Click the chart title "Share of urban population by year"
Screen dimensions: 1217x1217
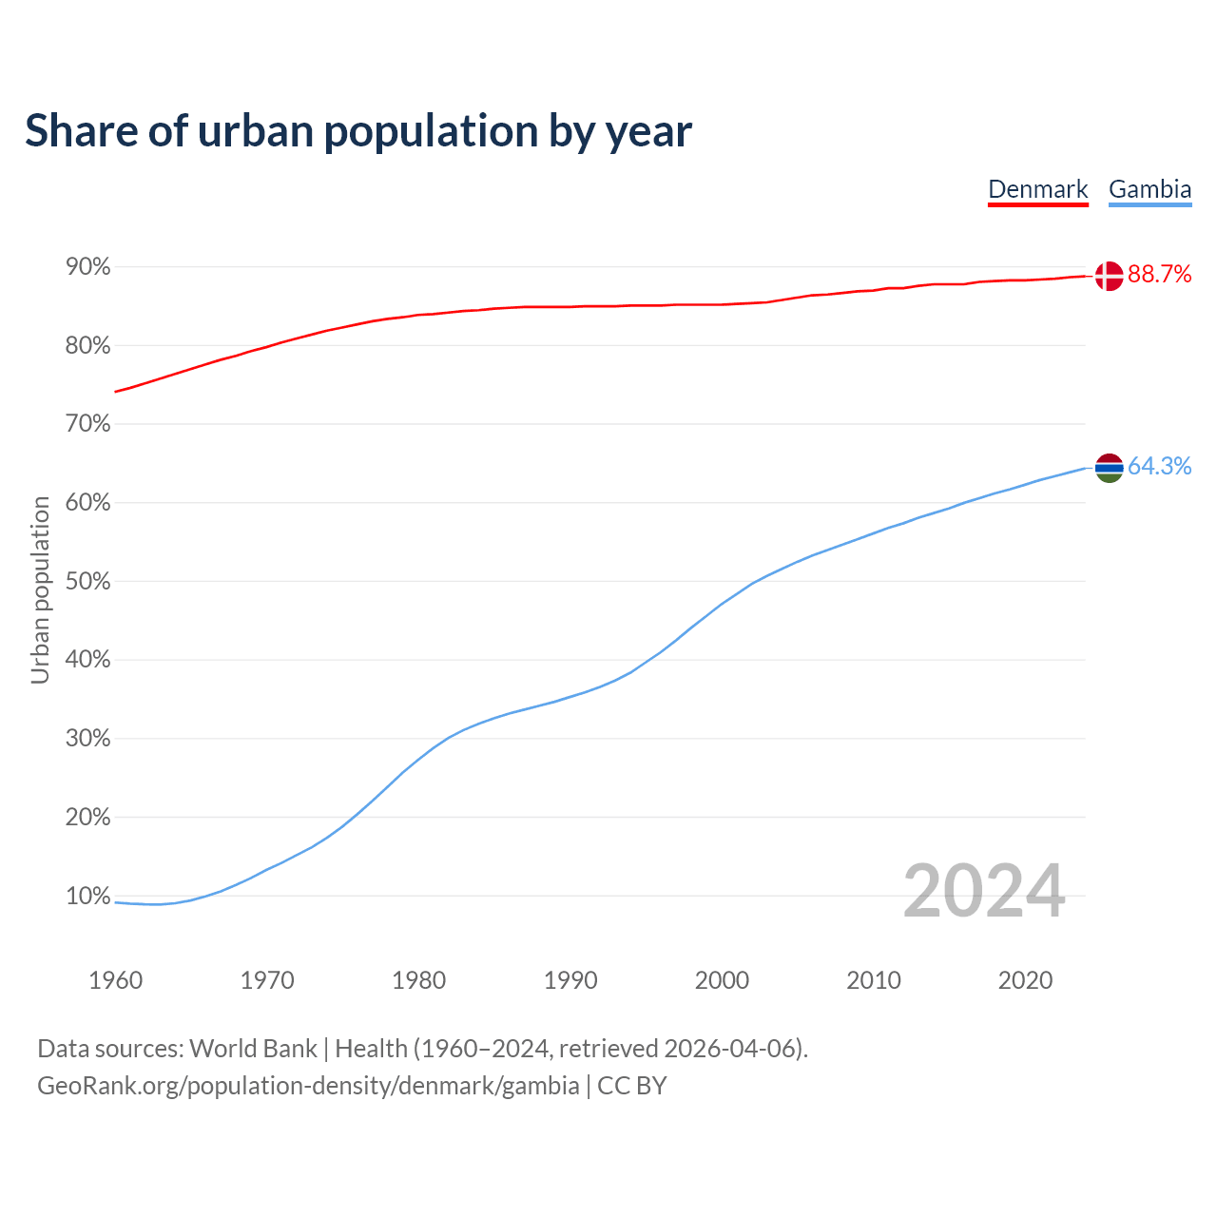358,131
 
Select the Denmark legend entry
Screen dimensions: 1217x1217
1037,189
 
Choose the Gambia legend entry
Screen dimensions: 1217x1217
1149,189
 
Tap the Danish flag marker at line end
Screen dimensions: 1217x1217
1109,276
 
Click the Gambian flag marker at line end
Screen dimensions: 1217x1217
1109,467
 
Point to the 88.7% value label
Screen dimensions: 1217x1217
1159,275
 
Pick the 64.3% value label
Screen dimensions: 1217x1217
1159,466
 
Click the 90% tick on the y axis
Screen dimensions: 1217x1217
88,267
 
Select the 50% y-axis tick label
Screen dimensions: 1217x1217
88,582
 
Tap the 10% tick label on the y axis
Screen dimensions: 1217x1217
88,897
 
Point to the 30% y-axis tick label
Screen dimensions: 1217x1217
88,739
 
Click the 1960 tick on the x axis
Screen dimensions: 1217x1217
115,980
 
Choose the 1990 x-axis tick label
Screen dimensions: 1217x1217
570,980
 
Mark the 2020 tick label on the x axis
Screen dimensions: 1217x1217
1025,980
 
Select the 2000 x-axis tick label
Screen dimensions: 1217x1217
722,980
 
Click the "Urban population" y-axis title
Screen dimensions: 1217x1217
40,590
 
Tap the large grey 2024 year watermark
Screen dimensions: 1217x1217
984,891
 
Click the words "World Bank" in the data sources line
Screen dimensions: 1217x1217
253,1049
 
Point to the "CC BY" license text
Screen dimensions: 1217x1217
632,1086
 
